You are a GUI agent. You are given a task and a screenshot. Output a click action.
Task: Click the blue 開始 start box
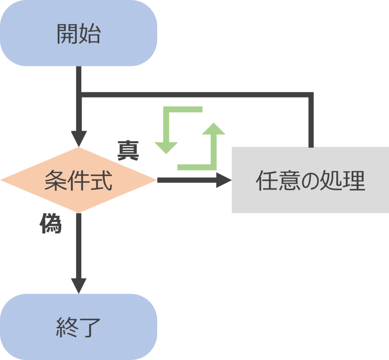pyautogui.click(x=78, y=33)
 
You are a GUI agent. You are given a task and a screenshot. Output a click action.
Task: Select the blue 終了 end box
pyautogui.click(x=78, y=327)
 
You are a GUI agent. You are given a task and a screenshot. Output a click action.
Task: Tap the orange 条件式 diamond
pyautogui.click(x=78, y=180)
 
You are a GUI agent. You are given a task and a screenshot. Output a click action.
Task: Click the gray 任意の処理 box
pyautogui.click(x=310, y=180)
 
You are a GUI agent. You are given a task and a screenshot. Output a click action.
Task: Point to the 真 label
pyautogui.click(x=128, y=151)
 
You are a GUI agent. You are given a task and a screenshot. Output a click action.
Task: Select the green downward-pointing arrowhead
pyautogui.click(x=166, y=148)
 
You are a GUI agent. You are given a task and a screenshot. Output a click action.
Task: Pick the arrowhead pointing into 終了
pyautogui.click(x=79, y=286)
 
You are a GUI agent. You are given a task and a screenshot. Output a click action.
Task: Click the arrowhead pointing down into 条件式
pyautogui.click(x=79, y=138)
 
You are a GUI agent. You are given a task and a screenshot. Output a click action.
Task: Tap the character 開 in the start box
pyautogui.click(x=68, y=34)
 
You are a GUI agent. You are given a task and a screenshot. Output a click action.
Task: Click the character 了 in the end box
pyautogui.click(x=90, y=327)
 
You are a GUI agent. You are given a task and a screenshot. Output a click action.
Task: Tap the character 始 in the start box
pyautogui.click(x=90, y=34)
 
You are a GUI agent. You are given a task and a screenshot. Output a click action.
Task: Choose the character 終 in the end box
pyautogui.click(x=67, y=327)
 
